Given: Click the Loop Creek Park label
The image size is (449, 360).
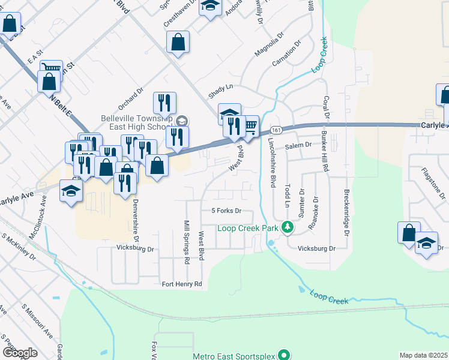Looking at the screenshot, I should (x=249, y=228).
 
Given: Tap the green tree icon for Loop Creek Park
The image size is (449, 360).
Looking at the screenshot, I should (x=288, y=227).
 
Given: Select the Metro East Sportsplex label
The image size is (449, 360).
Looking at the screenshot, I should (x=235, y=356).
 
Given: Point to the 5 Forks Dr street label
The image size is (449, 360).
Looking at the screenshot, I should (x=226, y=211).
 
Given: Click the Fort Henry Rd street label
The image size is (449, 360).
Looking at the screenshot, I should (x=182, y=283).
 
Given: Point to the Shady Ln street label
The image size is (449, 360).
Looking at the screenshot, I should (x=220, y=91).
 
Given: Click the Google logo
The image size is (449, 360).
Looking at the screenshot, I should (x=20, y=352).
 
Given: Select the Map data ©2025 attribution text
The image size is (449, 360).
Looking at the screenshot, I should (x=423, y=355).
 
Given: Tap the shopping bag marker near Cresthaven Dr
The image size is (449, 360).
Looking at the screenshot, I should (x=178, y=43).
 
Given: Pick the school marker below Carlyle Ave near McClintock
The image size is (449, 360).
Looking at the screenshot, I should (x=71, y=192).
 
